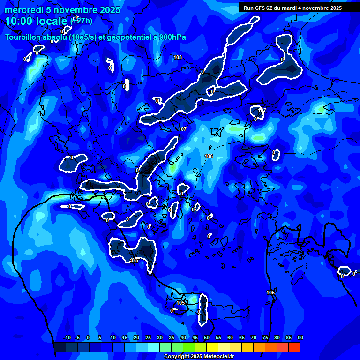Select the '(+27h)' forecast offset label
click(81, 20)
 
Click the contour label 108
click(178, 57)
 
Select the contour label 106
click(209, 156)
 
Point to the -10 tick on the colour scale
click(67, 338)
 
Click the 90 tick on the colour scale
click(300, 338)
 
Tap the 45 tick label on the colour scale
click(195, 338)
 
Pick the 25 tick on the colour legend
click(148, 338)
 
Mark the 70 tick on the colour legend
click(254, 338)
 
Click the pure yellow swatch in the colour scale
click(212, 347)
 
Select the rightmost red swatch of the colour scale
click(294, 347)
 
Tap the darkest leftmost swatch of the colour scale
click(60, 347)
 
